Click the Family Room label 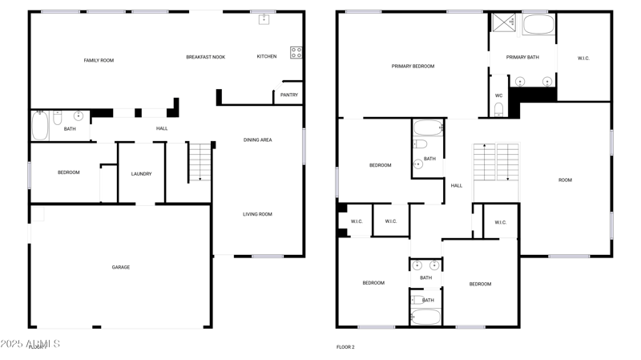(x=99, y=60)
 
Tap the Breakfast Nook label (x=205, y=57)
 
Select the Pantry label (x=288, y=95)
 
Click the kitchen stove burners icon (x=296, y=52)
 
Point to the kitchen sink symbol (x=263, y=19)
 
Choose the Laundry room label (x=141, y=173)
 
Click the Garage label (x=120, y=267)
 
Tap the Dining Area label (x=257, y=140)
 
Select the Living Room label (x=257, y=214)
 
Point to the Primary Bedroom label (x=413, y=66)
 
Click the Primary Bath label (x=522, y=57)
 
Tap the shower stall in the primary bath (x=503, y=22)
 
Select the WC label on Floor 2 (x=498, y=95)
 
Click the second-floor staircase (x=496, y=162)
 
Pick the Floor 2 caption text (x=345, y=347)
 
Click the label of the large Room (x=565, y=180)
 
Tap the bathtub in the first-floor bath (x=40, y=125)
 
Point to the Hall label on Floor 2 (x=456, y=185)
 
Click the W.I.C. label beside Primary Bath (x=583, y=58)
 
